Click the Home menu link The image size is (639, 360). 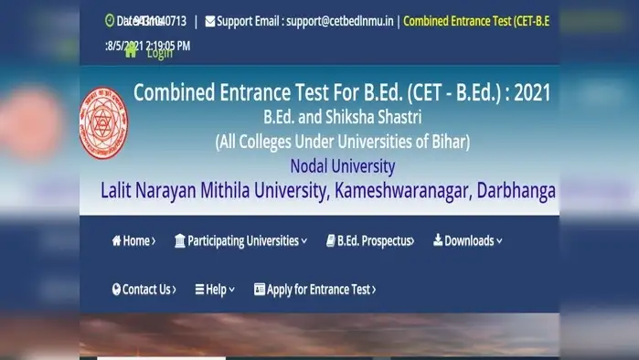[x=133, y=241]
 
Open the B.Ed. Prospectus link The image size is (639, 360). [x=369, y=241]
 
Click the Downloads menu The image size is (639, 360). [x=468, y=241]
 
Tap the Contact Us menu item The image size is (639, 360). [x=144, y=290]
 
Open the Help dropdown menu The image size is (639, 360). [x=215, y=290]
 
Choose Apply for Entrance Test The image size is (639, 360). [x=315, y=290]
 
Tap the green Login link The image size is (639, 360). [x=159, y=53]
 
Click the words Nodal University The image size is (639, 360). [x=342, y=166]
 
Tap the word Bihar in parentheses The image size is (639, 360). [x=446, y=142]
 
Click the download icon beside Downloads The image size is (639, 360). [x=438, y=240]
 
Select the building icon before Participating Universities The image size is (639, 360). [x=180, y=241]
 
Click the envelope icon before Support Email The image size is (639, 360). [x=210, y=20]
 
